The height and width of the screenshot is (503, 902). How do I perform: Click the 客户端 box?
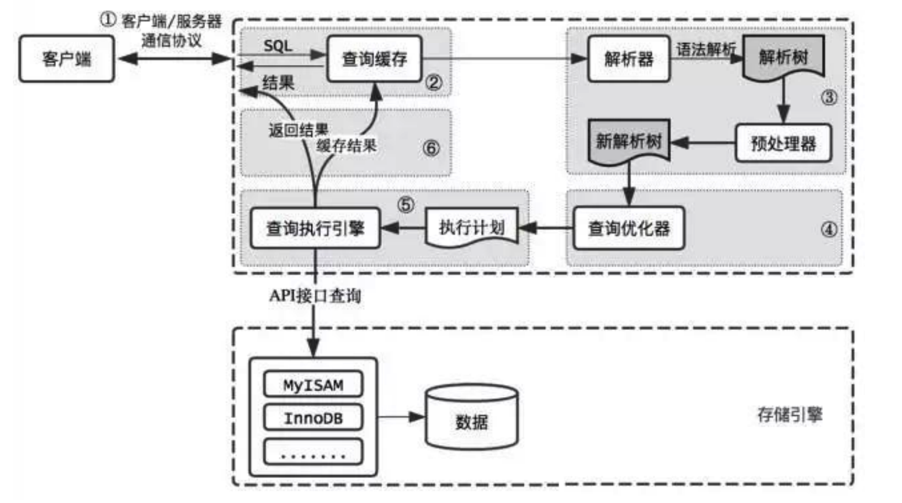click(x=67, y=59)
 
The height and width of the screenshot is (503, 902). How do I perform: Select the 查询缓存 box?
click(x=374, y=59)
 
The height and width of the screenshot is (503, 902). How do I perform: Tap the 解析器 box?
click(x=629, y=59)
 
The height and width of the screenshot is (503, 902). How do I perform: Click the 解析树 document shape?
click(x=783, y=57)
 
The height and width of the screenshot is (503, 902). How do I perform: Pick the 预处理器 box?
click(x=783, y=143)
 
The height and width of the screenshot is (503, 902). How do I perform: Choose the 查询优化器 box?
click(x=629, y=228)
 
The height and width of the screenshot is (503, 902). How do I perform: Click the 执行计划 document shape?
click(x=472, y=227)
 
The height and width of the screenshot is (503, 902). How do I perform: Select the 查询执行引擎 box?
click(x=315, y=228)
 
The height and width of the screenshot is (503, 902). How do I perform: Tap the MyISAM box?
click(x=313, y=385)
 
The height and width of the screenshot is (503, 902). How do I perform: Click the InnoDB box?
click(x=313, y=418)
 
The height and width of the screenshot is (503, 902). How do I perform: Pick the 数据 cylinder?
click(x=471, y=421)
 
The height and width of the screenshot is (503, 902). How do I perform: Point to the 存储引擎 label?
click(x=789, y=415)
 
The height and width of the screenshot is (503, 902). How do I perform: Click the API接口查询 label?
click(x=315, y=296)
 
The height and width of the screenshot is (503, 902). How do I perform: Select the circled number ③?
click(x=829, y=97)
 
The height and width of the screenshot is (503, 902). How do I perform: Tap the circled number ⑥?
click(x=431, y=148)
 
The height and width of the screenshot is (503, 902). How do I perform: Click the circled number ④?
click(x=829, y=229)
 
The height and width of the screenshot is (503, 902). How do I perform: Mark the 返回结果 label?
click(x=298, y=131)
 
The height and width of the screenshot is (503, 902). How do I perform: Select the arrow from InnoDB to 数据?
click(x=401, y=417)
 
